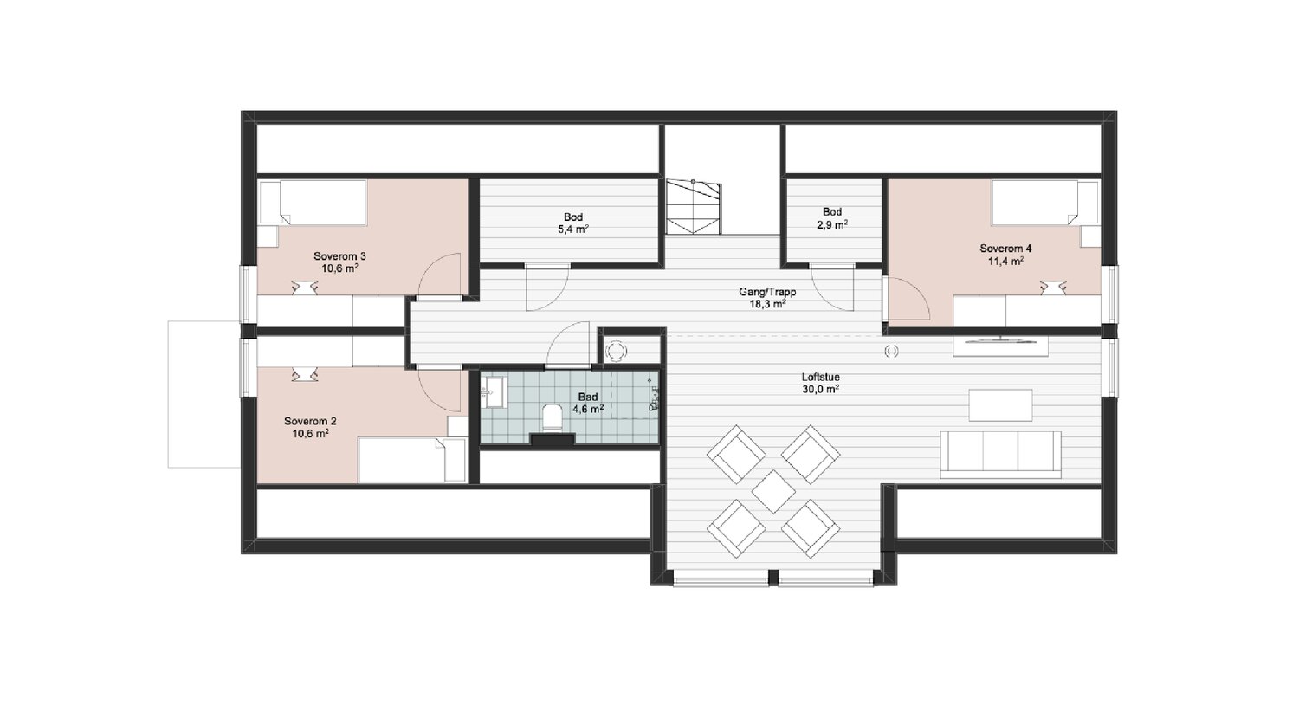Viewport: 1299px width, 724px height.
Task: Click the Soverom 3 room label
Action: pos(339,255)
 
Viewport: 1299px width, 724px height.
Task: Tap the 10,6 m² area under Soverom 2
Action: pos(310,433)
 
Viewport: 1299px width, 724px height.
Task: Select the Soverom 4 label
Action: pos(1005,249)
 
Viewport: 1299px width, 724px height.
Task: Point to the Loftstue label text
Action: pos(821,377)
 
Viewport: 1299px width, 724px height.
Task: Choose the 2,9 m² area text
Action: pos(832,224)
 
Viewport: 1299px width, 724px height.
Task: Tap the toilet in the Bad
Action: pos(553,417)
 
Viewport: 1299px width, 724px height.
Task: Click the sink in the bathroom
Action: pos(494,392)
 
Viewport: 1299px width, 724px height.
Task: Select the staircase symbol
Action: pos(693,206)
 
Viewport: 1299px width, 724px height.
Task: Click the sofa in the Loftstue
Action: pos(1000,455)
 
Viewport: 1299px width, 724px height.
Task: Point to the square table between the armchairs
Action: pos(773,491)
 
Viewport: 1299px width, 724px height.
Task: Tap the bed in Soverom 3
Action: pos(313,203)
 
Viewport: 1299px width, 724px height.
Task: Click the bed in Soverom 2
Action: pos(412,460)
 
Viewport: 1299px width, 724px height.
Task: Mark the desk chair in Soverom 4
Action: pos(1052,288)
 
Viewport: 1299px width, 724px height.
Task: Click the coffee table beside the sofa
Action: pos(1000,405)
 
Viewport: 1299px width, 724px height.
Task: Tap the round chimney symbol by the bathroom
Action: pos(615,351)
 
